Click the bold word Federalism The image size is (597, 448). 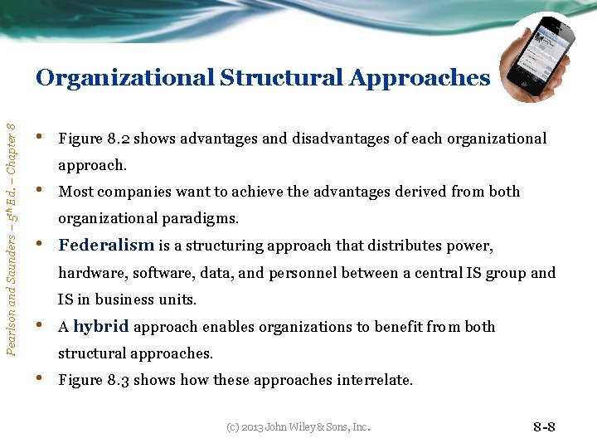point(106,245)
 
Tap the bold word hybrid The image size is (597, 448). point(100,326)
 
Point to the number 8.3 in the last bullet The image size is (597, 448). point(117,380)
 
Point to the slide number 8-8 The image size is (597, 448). point(543,427)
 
